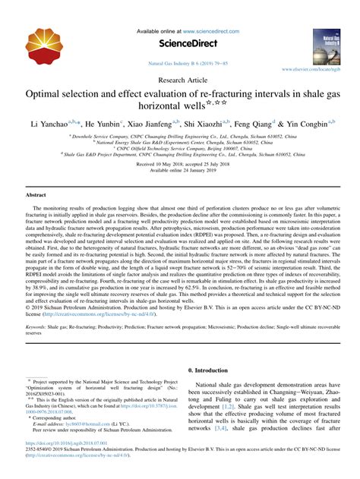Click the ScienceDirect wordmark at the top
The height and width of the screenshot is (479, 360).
(180, 44)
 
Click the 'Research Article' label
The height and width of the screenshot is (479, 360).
(180, 80)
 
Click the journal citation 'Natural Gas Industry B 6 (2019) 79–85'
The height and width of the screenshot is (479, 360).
(180, 65)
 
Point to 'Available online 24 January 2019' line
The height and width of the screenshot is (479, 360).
(180, 169)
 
